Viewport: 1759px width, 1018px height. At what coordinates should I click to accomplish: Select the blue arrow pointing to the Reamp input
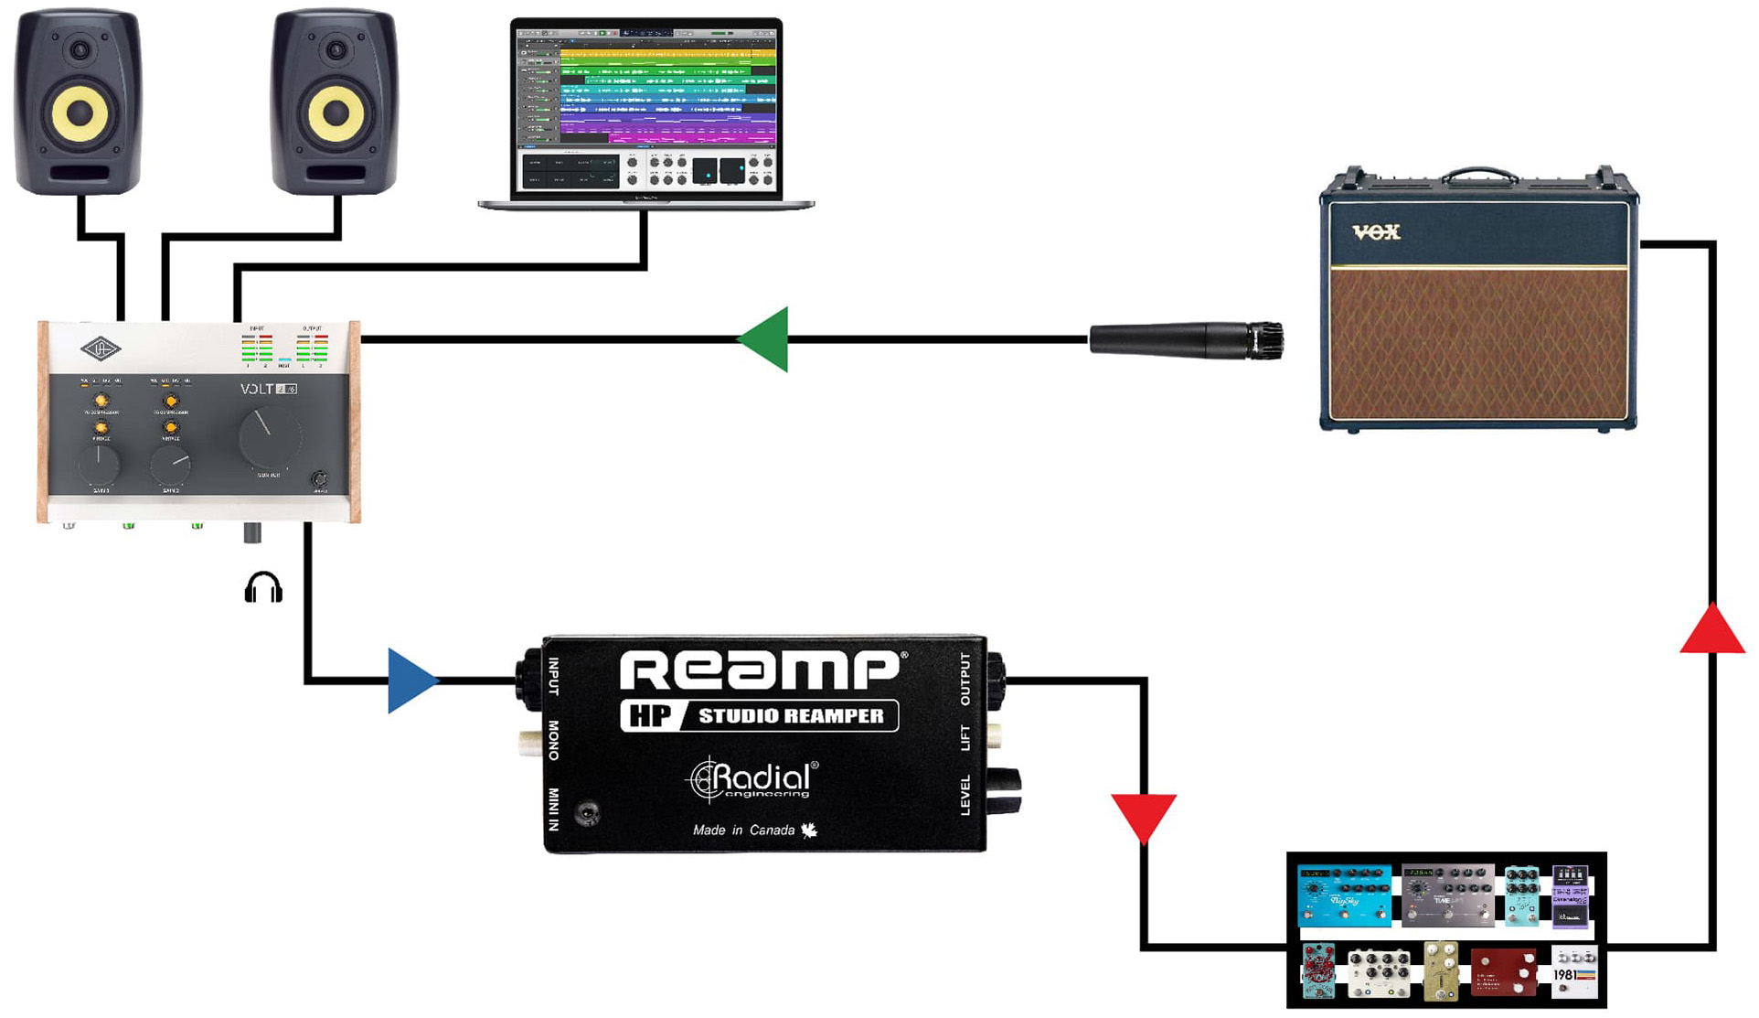tap(410, 680)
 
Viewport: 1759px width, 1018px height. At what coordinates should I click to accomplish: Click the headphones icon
tap(263, 588)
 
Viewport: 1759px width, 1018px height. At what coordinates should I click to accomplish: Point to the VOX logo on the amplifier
tap(1376, 232)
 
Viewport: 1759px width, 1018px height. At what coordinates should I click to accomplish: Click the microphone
tap(1187, 340)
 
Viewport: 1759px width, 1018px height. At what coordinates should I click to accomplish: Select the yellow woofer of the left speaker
tap(80, 113)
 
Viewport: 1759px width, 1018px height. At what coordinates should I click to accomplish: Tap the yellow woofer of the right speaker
tap(336, 113)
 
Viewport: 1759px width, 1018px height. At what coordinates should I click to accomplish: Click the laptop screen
tap(645, 108)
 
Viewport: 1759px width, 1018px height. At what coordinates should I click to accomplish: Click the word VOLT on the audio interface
tap(257, 389)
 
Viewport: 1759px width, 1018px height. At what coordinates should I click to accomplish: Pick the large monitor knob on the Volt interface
tap(269, 437)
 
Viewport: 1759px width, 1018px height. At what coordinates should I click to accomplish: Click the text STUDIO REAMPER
tap(791, 716)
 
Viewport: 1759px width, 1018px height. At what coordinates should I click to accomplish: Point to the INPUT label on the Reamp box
tap(553, 677)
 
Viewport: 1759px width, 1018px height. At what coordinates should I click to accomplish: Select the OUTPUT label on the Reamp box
tap(965, 678)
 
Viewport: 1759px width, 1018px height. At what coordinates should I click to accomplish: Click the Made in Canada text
tap(744, 830)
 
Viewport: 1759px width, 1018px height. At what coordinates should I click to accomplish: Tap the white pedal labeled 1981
tap(1573, 973)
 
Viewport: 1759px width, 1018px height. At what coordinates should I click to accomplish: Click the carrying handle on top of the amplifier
tap(1479, 174)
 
